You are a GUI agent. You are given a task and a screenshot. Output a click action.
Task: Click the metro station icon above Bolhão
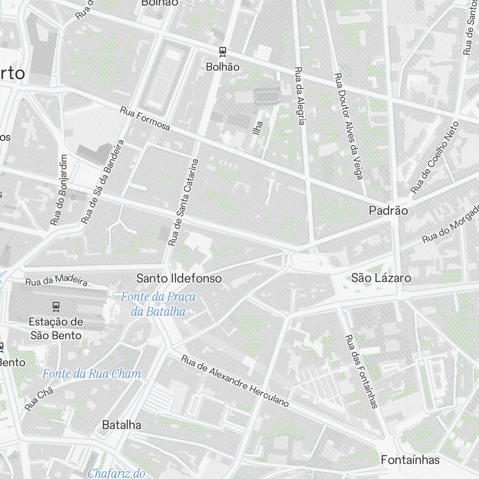pyautogui.click(x=222, y=51)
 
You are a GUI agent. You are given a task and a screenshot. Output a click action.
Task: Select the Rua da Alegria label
pyautogui.click(x=299, y=96)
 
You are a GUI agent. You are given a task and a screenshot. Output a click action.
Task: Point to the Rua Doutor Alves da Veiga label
pyautogui.click(x=348, y=126)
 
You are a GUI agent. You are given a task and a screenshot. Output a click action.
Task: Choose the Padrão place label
pyautogui.click(x=388, y=210)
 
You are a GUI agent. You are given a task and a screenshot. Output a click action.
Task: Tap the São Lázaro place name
pyautogui.click(x=381, y=278)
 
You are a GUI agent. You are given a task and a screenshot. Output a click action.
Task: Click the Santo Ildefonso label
pyautogui.click(x=179, y=278)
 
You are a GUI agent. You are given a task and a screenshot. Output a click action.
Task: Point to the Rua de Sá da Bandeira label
pyautogui.click(x=103, y=182)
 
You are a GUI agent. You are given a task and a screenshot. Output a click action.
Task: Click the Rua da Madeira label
pyautogui.click(x=57, y=280)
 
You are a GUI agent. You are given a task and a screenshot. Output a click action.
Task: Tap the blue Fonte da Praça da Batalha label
pyautogui.click(x=158, y=304)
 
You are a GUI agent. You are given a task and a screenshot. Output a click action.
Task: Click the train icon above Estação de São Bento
pyautogui.click(x=56, y=305)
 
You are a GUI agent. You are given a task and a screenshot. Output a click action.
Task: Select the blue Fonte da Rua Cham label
pyautogui.click(x=91, y=374)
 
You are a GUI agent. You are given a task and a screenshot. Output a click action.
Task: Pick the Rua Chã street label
pyautogui.click(x=39, y=399)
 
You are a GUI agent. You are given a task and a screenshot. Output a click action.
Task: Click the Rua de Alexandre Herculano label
pyautogui.click(x=235, y=381)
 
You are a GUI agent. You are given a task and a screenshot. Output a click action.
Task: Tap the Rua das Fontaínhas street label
pyautogui.click(x=361, y=371)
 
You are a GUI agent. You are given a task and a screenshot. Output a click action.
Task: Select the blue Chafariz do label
pyautogui.click(x=116, y=473)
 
